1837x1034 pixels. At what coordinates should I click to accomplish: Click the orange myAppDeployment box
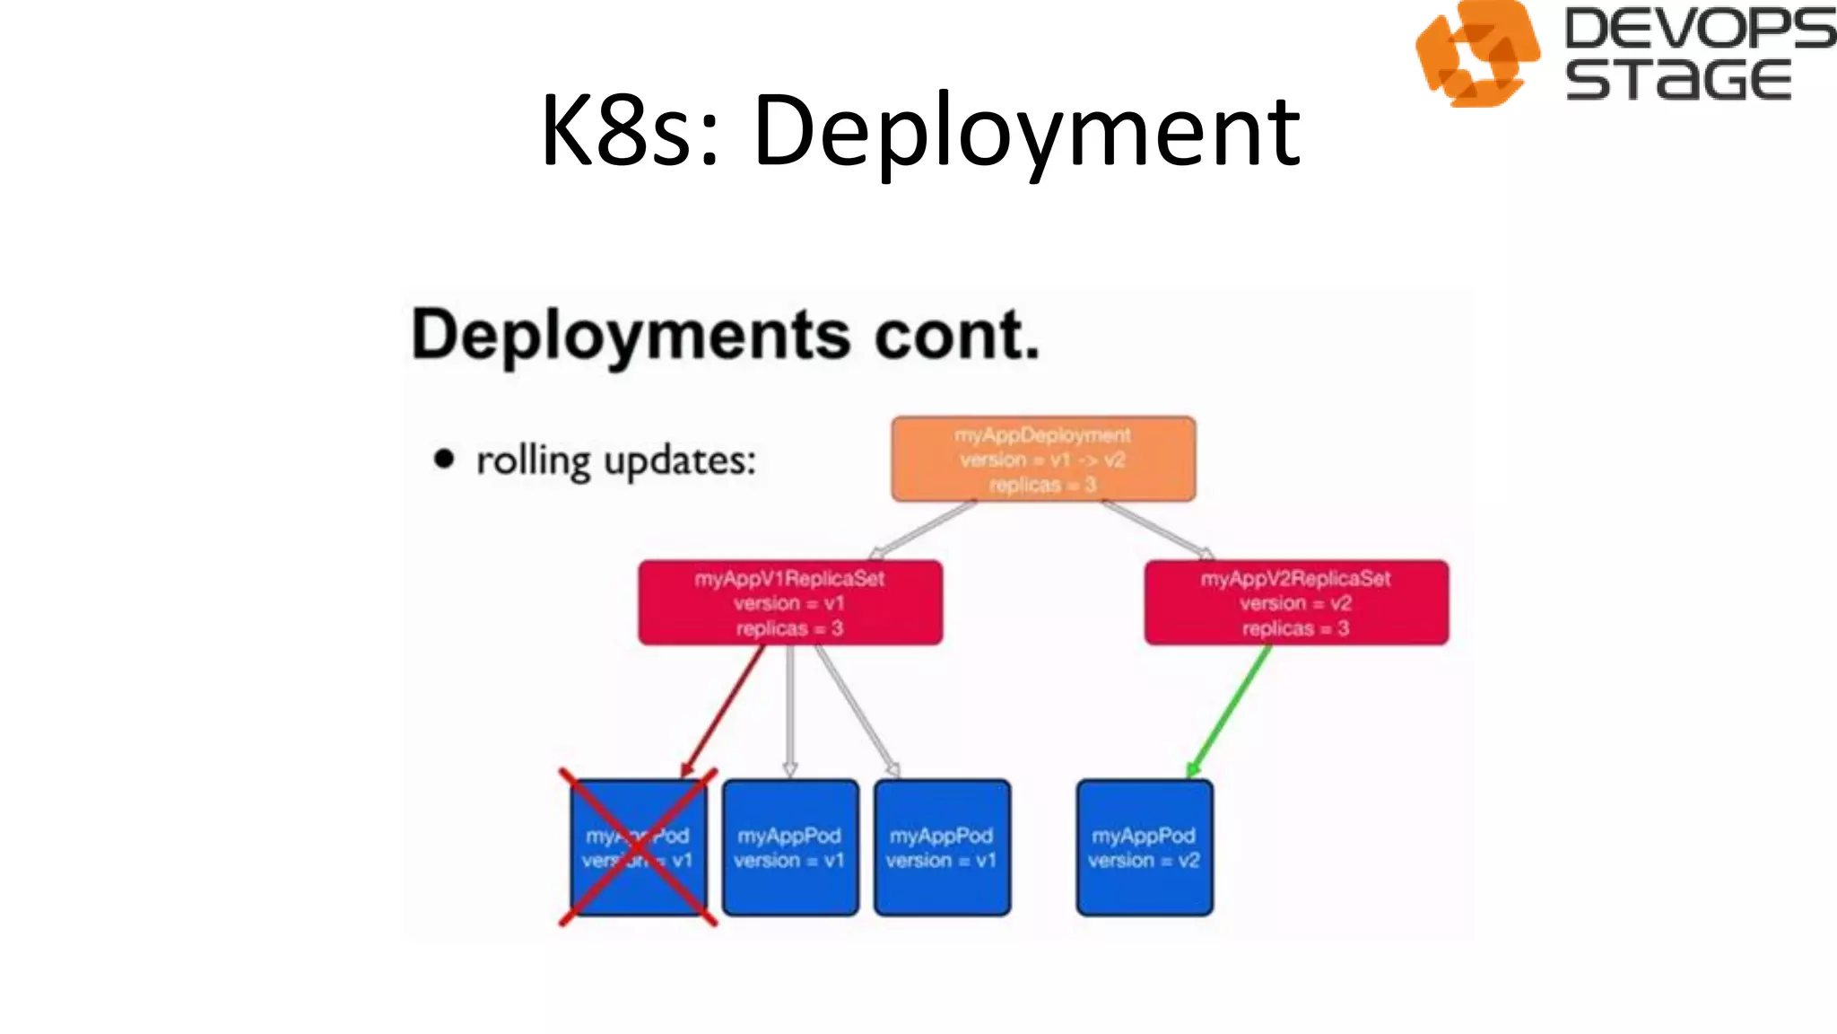pyautogui.click(x=1043, y=459)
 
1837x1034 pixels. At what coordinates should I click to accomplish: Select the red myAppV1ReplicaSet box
pyautogui.click(x=790, y=602)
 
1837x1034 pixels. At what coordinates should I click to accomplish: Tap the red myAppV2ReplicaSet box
pyautogui.click(x=1296, y=602)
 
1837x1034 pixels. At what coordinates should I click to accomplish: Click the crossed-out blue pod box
pyautogui.click(x=638, y=848)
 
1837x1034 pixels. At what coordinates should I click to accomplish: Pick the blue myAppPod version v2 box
pyautogui.click(x=1145, y=848)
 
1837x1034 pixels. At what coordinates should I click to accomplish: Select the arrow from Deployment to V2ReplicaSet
pyautogui.click(x=1157, y=530)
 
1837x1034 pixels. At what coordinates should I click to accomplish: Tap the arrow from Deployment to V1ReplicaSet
pyautogui.click(x=924, y=530)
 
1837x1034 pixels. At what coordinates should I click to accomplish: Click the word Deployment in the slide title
pyautogui.click(x=1026, y=132)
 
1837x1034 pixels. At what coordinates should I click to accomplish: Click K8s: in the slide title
pyautogui.click(x=629, y=132)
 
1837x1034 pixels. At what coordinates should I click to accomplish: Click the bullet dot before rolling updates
pyautogui.click(x=444, y=460)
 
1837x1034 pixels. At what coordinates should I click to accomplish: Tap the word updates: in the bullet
pyautogui.click(x=680, y=461)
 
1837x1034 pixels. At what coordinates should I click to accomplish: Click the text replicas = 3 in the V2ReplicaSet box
pyautogui.click(x=1295, y=628)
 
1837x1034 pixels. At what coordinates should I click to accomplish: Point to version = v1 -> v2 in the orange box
pyautogui.click(x=1042, y=460)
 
